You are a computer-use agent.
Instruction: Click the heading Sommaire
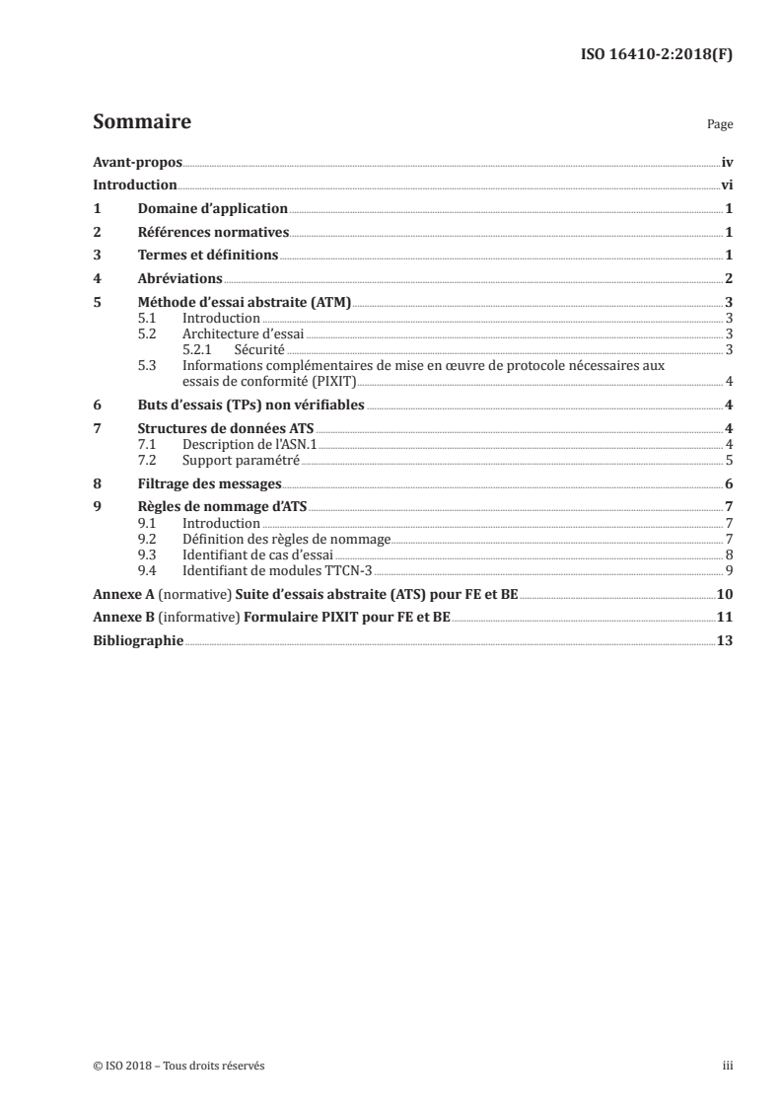(x=141, y=123)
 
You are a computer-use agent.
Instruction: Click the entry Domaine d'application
(x=212, y=209)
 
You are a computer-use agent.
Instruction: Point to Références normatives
(x=213, y=233)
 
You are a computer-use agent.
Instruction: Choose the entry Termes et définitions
(x=207, y=256)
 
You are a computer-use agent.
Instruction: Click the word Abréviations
(x=179, y=279)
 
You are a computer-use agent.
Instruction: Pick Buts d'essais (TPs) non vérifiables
(x=250, y=405)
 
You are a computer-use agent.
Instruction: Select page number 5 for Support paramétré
(x=728, y=460)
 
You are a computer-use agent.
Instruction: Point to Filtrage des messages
(x=209, y=483)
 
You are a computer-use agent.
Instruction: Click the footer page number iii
(x=727, y=1066)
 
